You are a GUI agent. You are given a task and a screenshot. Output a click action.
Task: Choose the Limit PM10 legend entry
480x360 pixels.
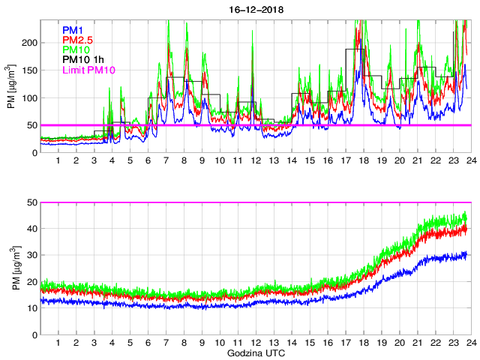pyautogui.click(x=89, y=70)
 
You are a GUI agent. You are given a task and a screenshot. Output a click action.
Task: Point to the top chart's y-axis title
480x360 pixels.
pyautogui.click(x=12, y=87)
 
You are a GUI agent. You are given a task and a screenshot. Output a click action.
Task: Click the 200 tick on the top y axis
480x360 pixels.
pyautogui.click(x=28, y=43)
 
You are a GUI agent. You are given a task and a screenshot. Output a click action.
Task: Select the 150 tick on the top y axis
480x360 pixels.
pyautogui.click(x=28, y=70)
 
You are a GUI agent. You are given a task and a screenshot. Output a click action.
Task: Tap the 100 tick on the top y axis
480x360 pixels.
pyautogui.click(x=28, y=98)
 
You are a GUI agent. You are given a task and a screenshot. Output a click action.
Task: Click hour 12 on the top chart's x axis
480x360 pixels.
pyautogui.click(x=255, y=161)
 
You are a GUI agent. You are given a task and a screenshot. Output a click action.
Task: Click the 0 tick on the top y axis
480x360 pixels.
pyautogui.click(x=33, y=153)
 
